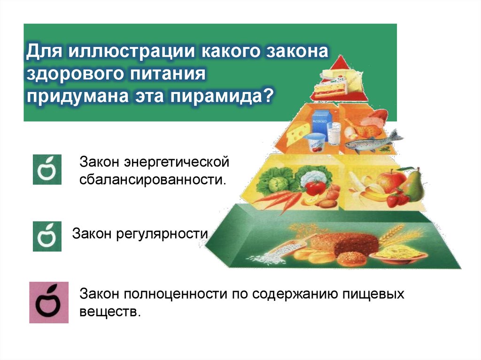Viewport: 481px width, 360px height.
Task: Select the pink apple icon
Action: coord(49,303)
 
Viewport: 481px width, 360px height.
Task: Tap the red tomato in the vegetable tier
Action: coord(316,187)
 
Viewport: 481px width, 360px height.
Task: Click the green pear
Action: coord(412,184)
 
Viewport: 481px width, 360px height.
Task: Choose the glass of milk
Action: coord(334,135)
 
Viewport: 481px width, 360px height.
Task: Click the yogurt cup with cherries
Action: coord(314,143)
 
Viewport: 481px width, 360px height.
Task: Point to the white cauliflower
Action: coord(308,177)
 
